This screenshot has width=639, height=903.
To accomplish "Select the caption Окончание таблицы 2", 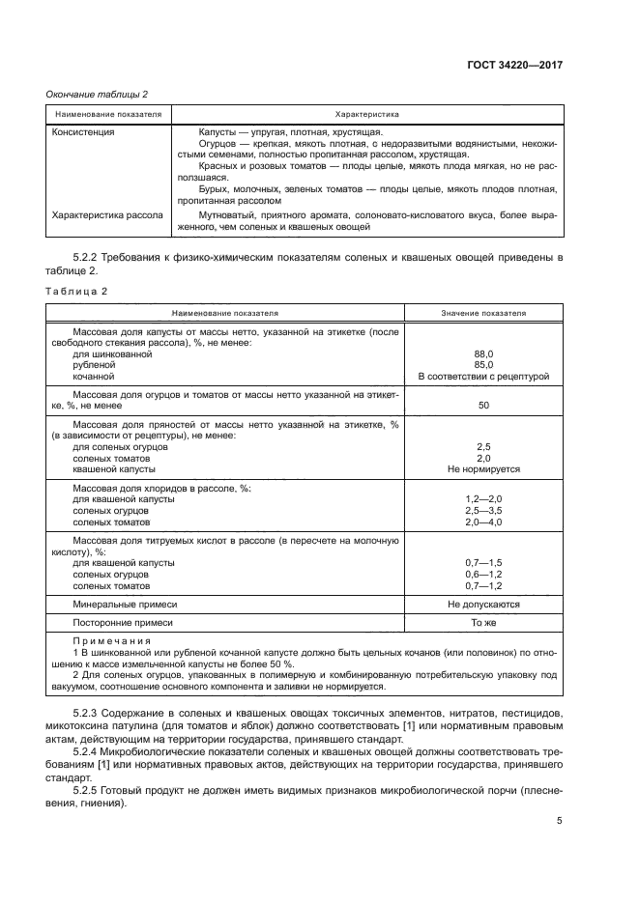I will pos(98,94).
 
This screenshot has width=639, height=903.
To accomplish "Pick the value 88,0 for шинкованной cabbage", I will pos(483,354).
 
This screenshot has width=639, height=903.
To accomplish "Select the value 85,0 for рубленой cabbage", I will pos(483,365).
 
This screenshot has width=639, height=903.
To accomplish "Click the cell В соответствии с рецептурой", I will pos(483,377).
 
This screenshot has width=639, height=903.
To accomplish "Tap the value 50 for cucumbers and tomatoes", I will pos(483,407).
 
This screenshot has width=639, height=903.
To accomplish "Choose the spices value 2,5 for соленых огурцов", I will pos(483,447).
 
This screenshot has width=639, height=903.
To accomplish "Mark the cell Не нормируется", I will pos(483,469).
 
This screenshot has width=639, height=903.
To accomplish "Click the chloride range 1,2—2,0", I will pos(483,499).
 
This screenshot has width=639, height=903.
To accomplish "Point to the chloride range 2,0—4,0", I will pos(483,522).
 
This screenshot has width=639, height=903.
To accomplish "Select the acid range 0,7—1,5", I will pos(483,562).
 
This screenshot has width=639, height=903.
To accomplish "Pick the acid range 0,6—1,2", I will pos(483,574).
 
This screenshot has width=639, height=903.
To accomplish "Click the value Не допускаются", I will pos(483,604).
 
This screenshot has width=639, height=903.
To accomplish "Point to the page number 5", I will pos(560,821).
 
